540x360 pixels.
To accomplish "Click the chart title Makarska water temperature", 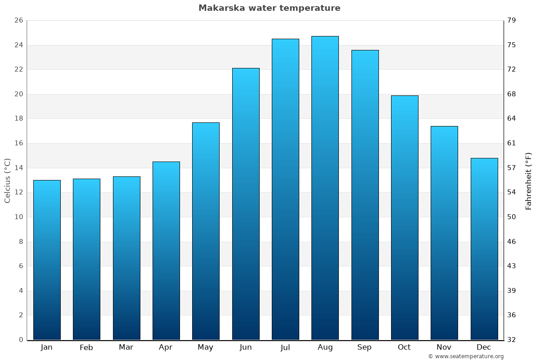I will [x=269, y=8].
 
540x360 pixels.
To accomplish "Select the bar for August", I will [x=325, y=188].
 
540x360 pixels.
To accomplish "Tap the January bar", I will [x=47, y=260].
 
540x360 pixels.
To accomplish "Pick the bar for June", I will [x=246, y=204].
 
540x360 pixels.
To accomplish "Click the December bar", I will [x=484, y=249].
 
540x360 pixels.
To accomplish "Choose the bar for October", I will [x=405, y=218].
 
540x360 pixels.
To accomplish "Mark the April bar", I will [x=166, y=251].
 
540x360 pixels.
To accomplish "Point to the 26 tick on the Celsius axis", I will [x=18, y=21].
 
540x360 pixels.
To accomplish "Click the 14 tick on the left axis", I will [x=18, y=168].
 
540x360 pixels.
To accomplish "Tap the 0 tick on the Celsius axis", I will [x=21, y=340].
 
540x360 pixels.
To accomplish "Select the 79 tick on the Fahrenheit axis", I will [x=512, y=21].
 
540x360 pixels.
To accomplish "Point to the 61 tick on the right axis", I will [x=512, y=143].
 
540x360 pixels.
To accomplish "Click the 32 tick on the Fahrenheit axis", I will [x=512, y=340].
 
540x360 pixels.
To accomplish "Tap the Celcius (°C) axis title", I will [x=8, y=180].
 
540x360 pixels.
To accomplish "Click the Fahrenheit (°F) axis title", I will [x=528, y=181].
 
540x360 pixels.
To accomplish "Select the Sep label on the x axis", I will [x=364, y=347].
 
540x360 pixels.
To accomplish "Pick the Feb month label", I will [x=86, y=347].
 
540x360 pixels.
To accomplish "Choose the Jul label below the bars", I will [x=285, y=347].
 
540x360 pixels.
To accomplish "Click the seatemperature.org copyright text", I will [x=466, y=356].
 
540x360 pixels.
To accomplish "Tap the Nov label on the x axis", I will [x=444, y=347].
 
